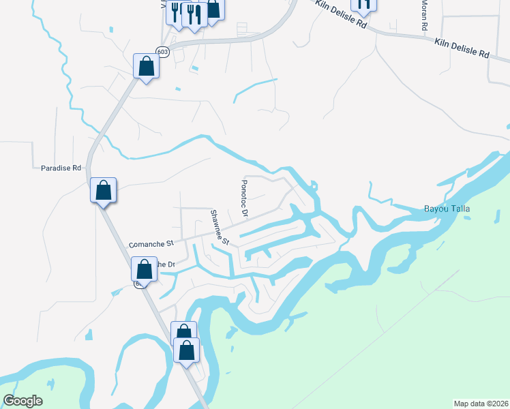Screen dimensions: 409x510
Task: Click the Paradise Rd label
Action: tap(61, 167)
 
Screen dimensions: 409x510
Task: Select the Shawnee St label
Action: tap(219, 227)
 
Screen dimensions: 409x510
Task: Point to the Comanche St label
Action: tap(152, 243)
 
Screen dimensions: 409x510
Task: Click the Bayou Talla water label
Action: tap(448, 209)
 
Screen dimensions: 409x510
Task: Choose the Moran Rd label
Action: tap(424, 14)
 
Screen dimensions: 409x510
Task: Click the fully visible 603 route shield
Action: tap(162, 52)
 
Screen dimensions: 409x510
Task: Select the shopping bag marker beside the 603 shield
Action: tap(146, 66)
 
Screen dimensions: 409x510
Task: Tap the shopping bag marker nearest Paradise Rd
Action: tap(104, 190)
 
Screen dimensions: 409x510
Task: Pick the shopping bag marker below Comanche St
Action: tap(144, 268)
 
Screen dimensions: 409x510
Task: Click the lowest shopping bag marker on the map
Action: tap(187, 350)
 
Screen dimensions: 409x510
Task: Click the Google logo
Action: tap(23, 401)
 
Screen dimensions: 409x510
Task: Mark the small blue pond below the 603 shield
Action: tap(194, 68)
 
